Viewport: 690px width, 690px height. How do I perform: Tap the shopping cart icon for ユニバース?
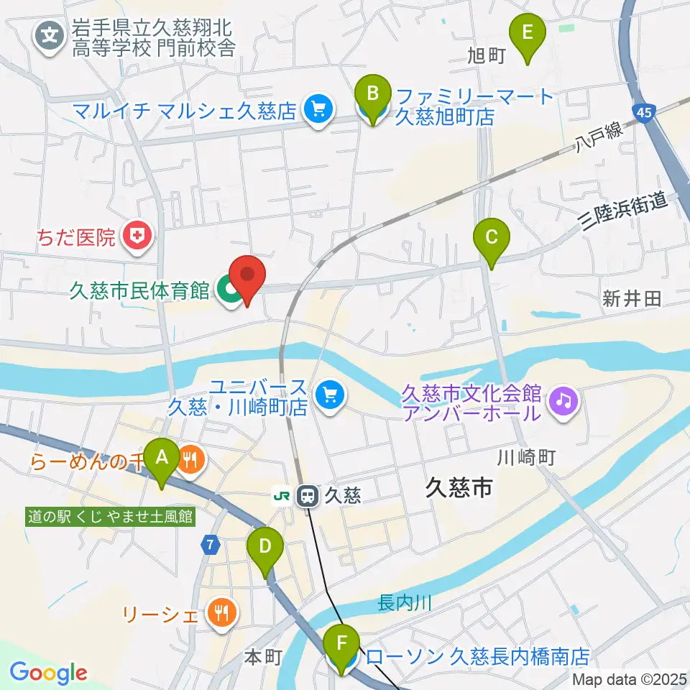point(330,394)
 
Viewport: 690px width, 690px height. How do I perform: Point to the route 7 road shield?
point(209,546)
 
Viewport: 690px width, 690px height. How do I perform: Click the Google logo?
point(48,673)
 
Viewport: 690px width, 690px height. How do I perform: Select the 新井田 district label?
point(632,300)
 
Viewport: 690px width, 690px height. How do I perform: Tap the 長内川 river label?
point(405,603)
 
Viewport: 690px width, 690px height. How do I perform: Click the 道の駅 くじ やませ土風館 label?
point(110,516)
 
